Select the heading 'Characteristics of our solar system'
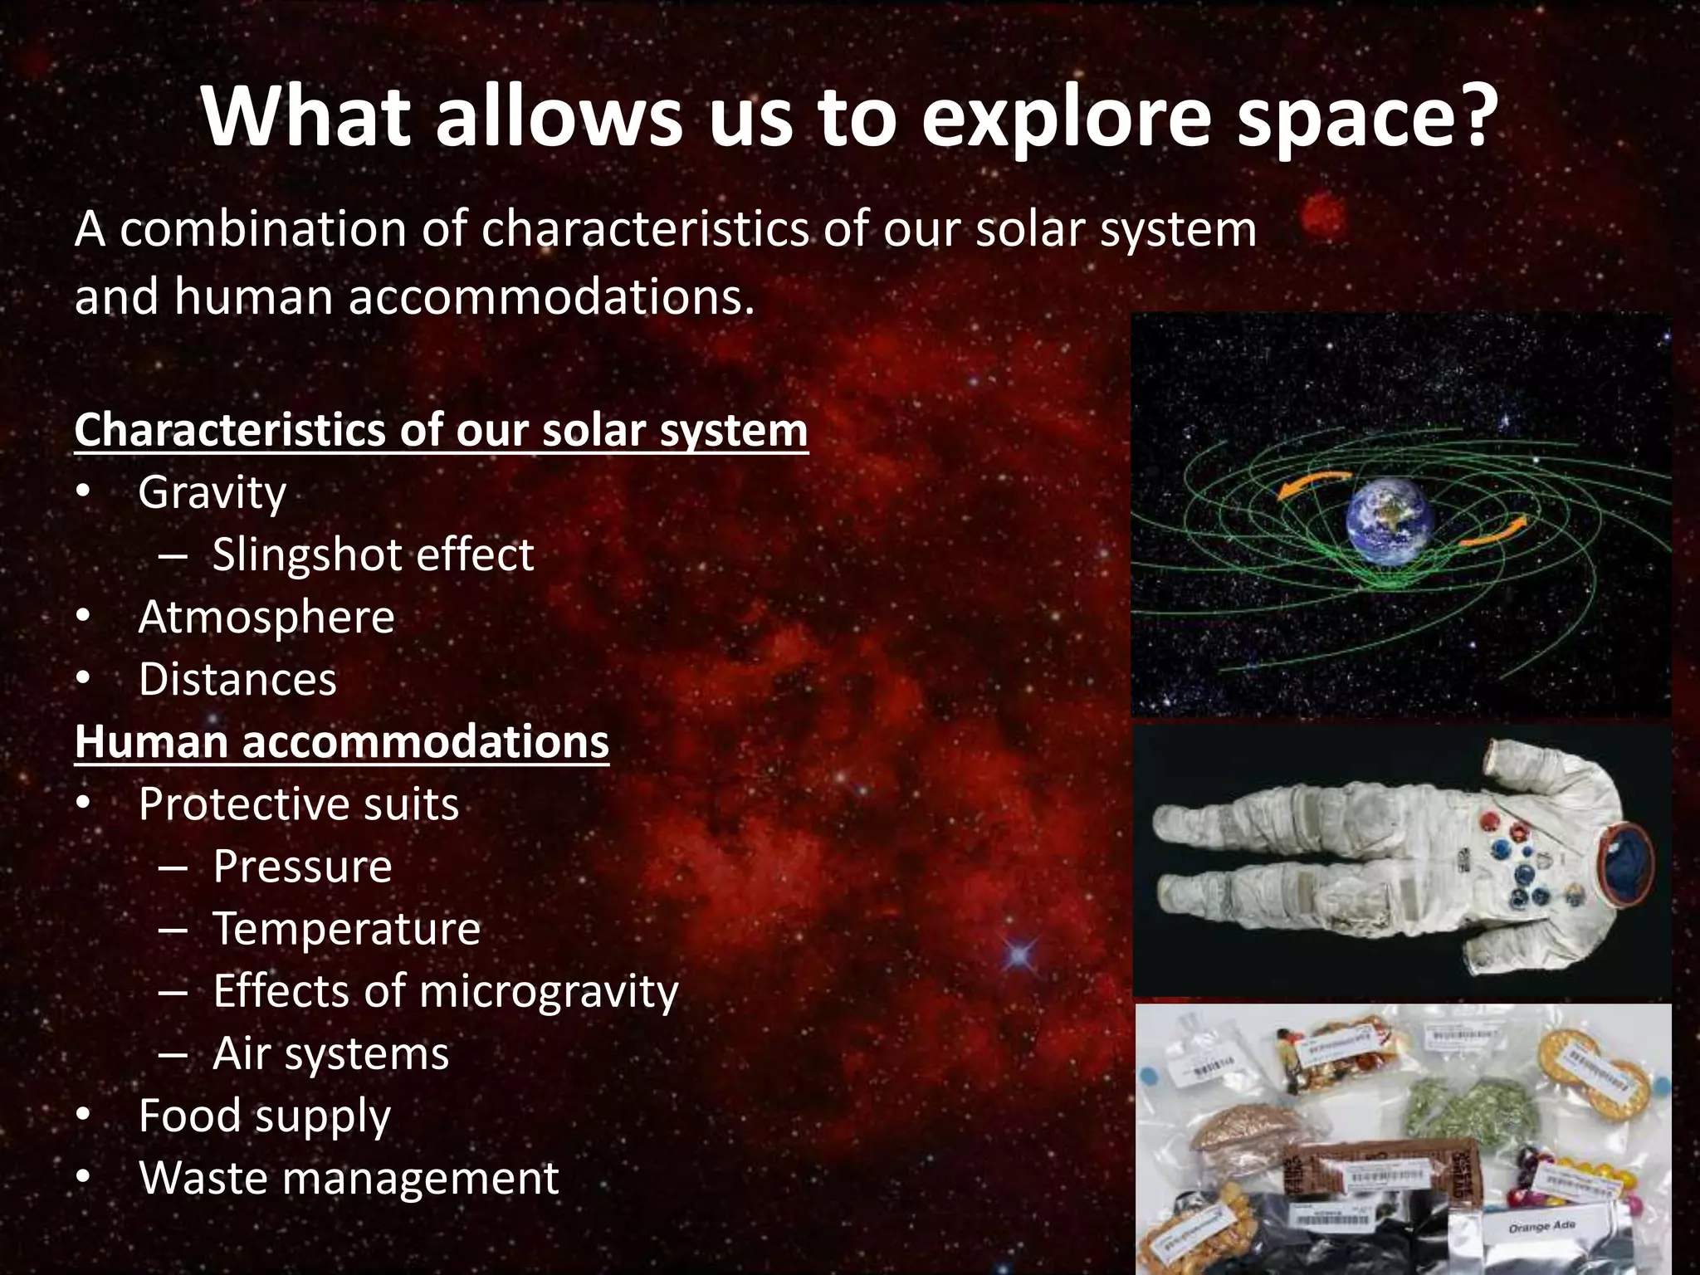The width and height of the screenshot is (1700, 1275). coord(441,431)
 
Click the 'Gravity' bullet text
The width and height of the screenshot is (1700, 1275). coord(212,493)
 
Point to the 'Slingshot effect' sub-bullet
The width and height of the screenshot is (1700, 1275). coord(373,554)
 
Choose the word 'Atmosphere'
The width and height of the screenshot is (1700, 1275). coord(266,618)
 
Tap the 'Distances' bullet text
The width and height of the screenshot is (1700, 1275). coord(237,680)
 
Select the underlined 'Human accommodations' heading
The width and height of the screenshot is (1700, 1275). coord(342,742)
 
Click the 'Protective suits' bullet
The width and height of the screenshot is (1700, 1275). coord(299,804)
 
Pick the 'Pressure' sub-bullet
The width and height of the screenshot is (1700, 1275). coord(302,867)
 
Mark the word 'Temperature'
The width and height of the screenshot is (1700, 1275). coord(346,929)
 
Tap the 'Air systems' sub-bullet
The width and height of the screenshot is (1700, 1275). coord(330,1054)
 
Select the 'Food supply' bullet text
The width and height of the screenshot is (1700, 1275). coord(264,1116)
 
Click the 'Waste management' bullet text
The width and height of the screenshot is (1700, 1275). coord(349,1179)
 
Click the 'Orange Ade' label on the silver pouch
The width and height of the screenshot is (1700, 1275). coord(1542,1226)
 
